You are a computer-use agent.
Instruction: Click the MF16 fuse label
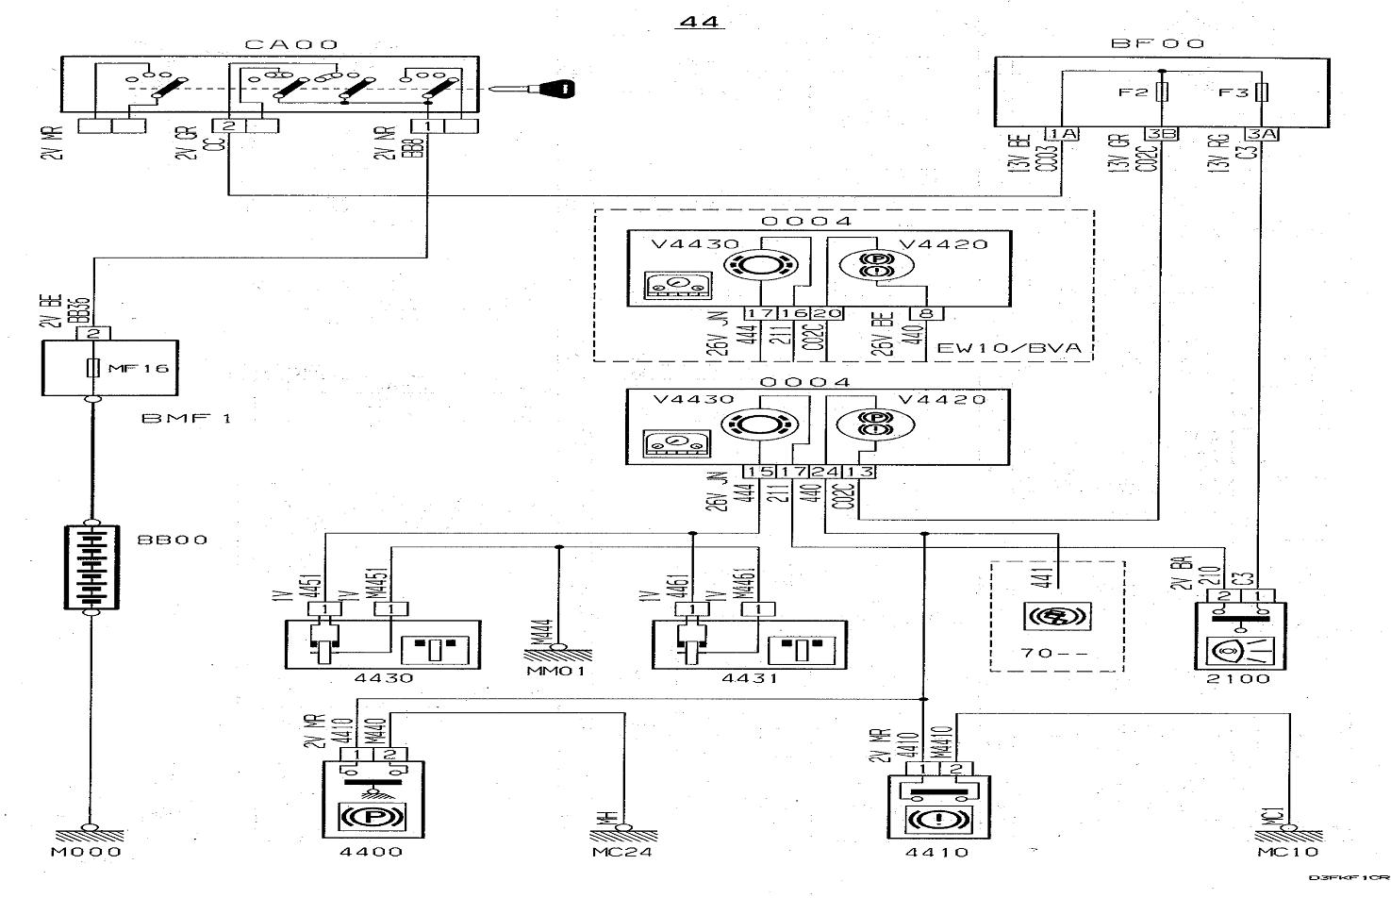pos(138,367)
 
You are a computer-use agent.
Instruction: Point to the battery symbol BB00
pos(91,567)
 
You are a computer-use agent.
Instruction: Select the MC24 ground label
pos(625,852)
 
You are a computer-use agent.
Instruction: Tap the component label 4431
pos(753,678)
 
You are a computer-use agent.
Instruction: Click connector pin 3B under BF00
pos(1162,134)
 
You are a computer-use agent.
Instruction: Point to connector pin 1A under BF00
pos(1061,134)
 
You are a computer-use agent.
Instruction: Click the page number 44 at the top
pos(699,21)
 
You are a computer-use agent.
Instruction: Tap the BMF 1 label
pos(186,418)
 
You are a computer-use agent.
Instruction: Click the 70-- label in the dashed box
pos(1054,652)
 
